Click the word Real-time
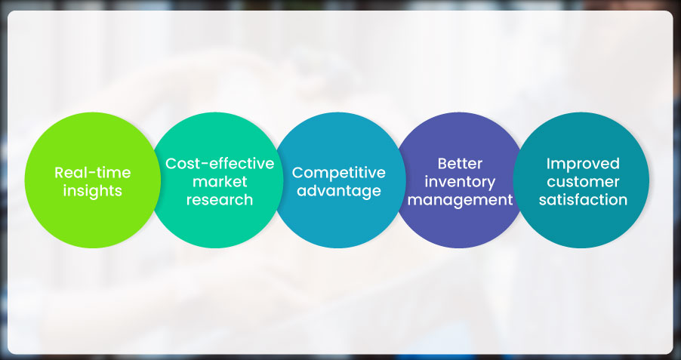pos(93,172)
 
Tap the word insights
pos(93,191)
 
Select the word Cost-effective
pos(220,163)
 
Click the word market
pos(220,182)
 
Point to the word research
pos(220,200)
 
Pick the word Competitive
pos(339,173)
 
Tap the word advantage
pos(339,191)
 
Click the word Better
pos(460,164)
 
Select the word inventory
pos(460,182)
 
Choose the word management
pos(460,200)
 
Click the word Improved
pos(583,164)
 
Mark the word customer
pos(583,182)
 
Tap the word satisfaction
pos(583,200)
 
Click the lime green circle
pos(93,180)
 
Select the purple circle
pos(460,180)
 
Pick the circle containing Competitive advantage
pos(339,180)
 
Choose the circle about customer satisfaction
pos(581,180)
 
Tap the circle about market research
pos(217,180)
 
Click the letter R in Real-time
pos(60,172)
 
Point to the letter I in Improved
pos(548,163)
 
